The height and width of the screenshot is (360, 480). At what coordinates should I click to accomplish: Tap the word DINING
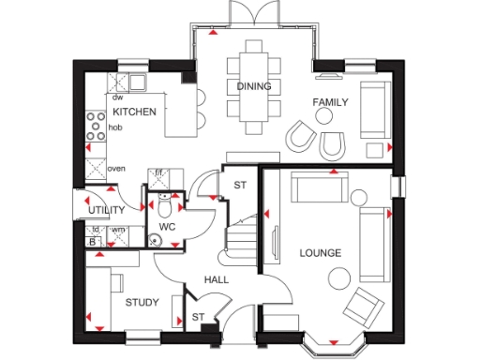254,86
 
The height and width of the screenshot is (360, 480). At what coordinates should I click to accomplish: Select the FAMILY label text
330,101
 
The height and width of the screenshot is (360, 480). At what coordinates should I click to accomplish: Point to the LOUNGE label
320,253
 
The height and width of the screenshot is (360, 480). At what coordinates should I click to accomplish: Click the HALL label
217,279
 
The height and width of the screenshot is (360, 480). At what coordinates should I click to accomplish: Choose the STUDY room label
142,302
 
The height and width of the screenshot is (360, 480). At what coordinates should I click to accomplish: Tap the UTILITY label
107,209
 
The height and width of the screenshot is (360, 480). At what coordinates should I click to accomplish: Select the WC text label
168,227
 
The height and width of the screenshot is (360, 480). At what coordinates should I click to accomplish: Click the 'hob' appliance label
115,127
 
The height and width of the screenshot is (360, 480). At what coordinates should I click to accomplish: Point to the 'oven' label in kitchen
116,169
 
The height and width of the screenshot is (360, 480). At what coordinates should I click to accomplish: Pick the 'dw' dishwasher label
118,97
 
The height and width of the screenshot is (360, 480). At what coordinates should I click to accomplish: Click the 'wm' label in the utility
118,230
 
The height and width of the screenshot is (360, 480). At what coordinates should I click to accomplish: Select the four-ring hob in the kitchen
96,127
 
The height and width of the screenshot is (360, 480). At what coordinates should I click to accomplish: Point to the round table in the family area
323,119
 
